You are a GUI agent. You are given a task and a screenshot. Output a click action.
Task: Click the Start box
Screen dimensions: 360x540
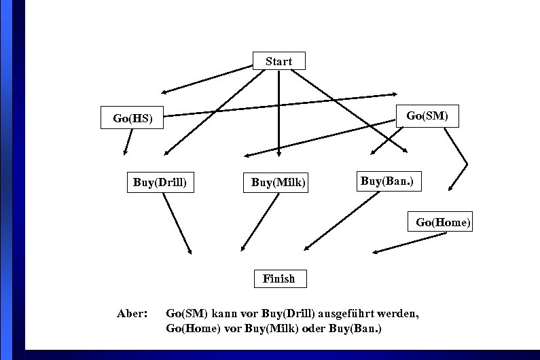[278, 61]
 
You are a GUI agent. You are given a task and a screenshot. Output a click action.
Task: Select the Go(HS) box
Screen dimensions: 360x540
[132, 118]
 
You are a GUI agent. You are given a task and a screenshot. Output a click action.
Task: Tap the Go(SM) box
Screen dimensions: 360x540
[427, 115]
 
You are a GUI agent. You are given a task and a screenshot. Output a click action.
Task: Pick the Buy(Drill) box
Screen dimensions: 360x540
[160, 183]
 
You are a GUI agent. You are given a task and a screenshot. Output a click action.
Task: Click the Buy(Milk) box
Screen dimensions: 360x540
[278, 183]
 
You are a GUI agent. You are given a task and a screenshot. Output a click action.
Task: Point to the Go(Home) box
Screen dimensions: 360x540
[442, 222]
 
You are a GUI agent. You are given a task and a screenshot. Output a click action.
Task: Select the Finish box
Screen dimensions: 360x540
[278, 278]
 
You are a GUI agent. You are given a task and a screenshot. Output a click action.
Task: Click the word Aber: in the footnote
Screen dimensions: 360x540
[132, 314]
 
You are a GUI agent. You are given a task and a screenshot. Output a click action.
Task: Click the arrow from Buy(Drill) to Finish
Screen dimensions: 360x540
[177, 223]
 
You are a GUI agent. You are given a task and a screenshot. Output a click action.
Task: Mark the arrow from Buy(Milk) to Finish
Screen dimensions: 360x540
[260, 222]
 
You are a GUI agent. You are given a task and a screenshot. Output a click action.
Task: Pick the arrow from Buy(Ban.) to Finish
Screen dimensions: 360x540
[341, 221]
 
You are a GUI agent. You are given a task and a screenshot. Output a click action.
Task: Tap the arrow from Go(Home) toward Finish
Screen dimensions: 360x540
[410, 243]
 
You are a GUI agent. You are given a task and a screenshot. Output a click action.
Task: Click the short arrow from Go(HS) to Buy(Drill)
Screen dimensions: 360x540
[128, 142]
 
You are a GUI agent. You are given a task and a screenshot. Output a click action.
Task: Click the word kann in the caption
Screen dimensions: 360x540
[223, 314]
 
